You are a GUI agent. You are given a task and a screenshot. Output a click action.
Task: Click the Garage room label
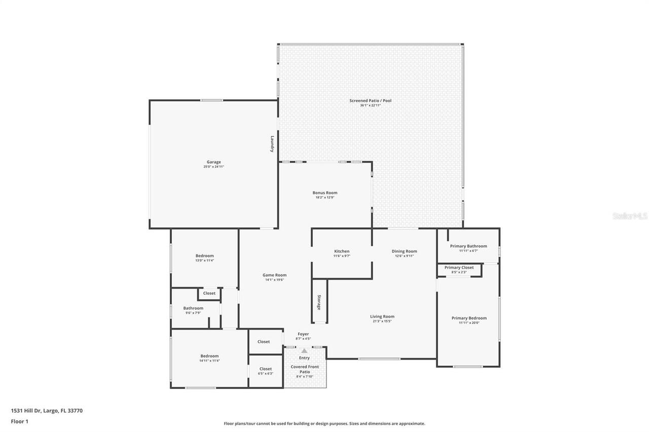point(213,162)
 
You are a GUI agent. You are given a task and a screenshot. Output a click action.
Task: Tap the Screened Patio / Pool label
point(370,101)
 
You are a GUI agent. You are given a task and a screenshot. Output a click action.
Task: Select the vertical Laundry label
point(272,143)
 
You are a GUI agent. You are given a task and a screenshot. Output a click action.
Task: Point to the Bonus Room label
point(324,192)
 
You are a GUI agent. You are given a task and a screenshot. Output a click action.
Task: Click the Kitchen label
point(342,251)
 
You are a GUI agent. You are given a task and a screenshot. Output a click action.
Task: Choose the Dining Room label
point(404,251)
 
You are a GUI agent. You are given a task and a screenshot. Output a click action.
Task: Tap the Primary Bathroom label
point(468,246)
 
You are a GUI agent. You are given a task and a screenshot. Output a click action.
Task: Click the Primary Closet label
point(459,267)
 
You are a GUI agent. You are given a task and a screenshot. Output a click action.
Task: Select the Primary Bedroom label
point(469,318)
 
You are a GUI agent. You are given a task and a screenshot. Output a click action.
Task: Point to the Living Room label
point(382,317)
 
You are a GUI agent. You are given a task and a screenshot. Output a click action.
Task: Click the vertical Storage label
point(319,302)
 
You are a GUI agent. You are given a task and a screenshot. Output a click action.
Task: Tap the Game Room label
point(274,275)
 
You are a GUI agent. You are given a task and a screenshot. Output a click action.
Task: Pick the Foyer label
point(303,334)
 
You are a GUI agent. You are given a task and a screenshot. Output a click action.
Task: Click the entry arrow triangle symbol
point(304,350)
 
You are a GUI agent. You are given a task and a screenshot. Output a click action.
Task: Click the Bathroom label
point(193,308)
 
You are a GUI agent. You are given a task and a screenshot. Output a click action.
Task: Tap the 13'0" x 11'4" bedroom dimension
point(205,260)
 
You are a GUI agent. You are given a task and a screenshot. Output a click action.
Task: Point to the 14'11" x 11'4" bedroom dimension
point(209,361)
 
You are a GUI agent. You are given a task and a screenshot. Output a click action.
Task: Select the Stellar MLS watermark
point(630,216)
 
